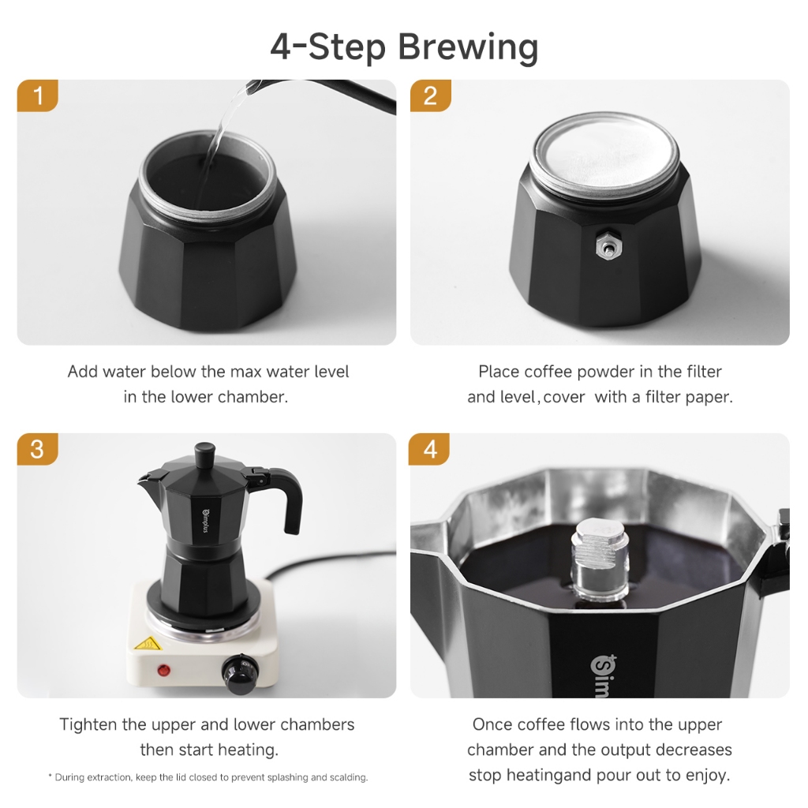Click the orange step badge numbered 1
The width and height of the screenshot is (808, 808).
pyautogui.click(x=38, y=95)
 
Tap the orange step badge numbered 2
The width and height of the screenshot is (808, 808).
pyautogui.click(x=430, y=95)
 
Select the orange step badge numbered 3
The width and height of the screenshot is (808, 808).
pyautogui.click(x=38, y=449)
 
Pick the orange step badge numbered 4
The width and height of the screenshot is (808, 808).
pyautogui.click(x=429, y=449)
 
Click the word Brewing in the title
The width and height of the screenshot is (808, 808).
pyautogui.click(x=468, y=47)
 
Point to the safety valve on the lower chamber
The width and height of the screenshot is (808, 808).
pyautogui.click(x=608, y=248)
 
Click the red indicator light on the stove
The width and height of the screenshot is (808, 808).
pyautogui.click(x=164, y=671)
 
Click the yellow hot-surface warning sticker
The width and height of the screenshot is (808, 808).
pyautogui.click(x=147, y=644)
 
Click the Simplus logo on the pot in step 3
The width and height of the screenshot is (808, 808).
pyautogui.click(x=205, y=521)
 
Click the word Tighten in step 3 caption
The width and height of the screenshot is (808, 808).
pyautogui.click(x=88, y=724)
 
